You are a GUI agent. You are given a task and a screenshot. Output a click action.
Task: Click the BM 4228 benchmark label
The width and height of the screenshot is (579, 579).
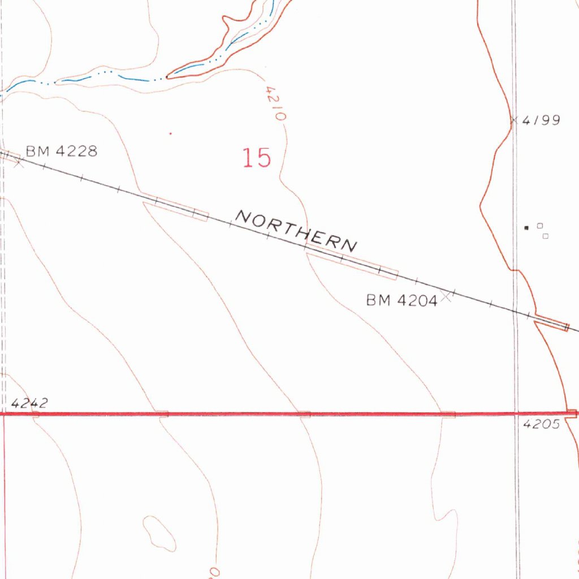tap(62, 151)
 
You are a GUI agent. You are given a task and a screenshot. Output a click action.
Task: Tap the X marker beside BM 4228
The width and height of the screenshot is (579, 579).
tap(19, 163)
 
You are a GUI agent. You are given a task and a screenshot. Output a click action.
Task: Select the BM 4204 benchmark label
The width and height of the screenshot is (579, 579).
tap(401, 301)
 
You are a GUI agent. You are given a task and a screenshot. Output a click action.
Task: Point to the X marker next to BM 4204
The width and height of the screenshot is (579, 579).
tap(447, 296)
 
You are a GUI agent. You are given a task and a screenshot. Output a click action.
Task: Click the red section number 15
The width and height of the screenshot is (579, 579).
tap(257, 158)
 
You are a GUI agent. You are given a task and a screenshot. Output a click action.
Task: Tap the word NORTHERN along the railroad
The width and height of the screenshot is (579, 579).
tap(296, 231)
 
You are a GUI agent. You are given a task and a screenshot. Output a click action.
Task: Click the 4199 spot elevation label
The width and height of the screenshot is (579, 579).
tap(541, 120)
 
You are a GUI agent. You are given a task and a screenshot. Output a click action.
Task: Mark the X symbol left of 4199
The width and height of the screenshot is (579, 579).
tap(513, 120)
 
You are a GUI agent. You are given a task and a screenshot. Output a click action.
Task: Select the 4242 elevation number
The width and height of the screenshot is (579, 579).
tap(29, 403)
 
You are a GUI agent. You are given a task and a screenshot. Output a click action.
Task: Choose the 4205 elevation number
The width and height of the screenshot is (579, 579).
tap(542, 425)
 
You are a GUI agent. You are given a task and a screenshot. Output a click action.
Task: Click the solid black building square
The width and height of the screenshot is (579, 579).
tap(527, 227)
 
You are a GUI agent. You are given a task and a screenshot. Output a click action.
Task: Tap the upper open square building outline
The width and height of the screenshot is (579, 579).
tap(539, 226)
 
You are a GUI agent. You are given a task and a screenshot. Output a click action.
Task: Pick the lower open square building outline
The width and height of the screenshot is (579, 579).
tap(546, 236)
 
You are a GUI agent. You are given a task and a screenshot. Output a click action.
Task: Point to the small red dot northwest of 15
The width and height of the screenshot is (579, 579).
tap(171, 133)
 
